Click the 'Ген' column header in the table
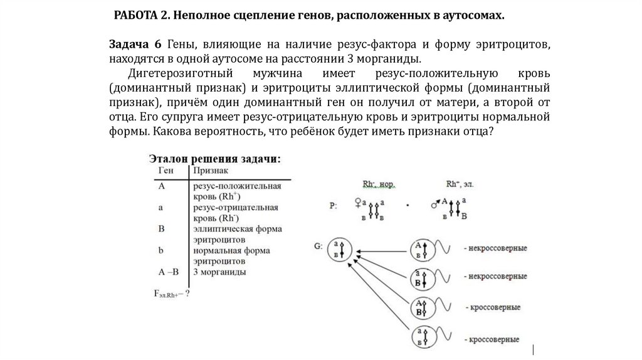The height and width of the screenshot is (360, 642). click(x=166, y=170)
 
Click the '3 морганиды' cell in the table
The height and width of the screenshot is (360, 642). click(x=219, y=272)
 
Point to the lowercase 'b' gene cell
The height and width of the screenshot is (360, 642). click(x=162, y=250)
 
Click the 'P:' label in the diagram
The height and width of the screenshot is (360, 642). click(x=333, y=205)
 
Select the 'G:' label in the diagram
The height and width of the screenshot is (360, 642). click(x=319, y=246)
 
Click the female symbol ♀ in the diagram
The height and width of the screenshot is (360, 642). click(x=358, y=203)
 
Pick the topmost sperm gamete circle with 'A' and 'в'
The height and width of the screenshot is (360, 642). click(x=418, y=249)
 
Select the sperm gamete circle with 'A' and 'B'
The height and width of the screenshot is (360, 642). click(x=418, y=307)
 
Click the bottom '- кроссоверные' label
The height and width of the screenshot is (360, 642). click(x=492, y=340)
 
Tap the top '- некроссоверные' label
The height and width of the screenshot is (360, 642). click(x=496, y=248)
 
